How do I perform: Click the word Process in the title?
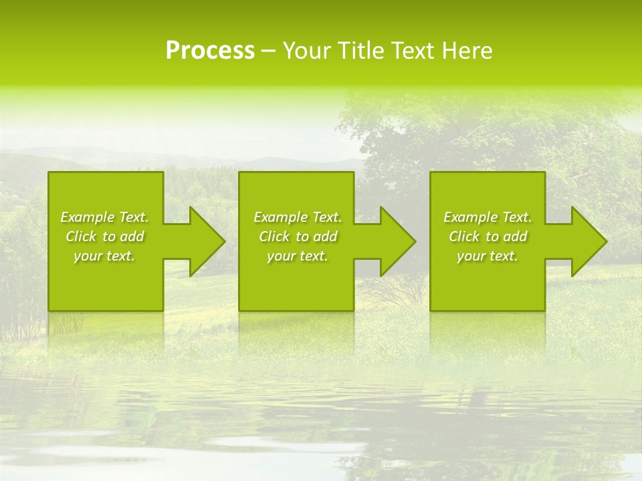[210, 51]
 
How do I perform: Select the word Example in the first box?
[88, 217]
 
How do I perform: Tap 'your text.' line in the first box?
[104, 256]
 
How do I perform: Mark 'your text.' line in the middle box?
[298, 256]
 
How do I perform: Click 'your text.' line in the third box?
[488, 256]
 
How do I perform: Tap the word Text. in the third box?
[516, 217]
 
